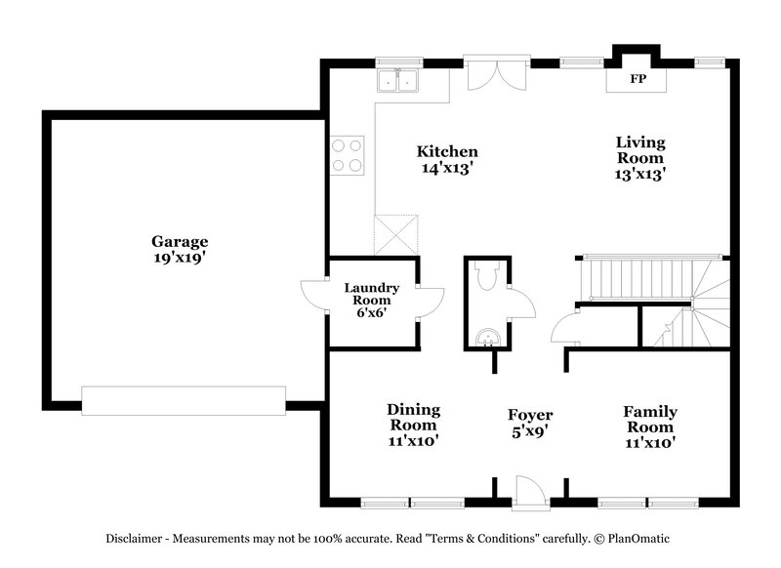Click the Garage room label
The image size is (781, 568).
point(180,241)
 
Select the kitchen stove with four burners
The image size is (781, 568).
point(346,154)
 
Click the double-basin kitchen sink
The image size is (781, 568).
point(398,81)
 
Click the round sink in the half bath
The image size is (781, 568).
point(485,338)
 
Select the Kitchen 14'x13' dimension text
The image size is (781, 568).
point(447,167)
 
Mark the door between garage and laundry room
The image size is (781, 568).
point(313,297)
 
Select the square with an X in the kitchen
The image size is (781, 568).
point(397,235)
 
